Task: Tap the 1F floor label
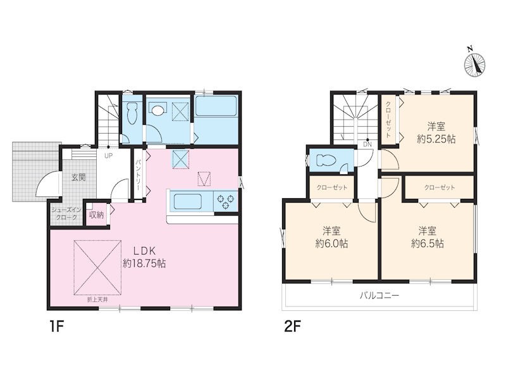click(56, 327)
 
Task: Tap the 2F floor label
click(292, 327)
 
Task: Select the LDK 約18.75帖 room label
click(145, 257)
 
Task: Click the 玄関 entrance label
click(78, 177)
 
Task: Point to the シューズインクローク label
click(66, 213)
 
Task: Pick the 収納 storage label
click(96, 215)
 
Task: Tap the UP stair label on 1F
click(108, 156)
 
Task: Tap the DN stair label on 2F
click(367, 144)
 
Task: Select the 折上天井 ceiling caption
click(97, 300)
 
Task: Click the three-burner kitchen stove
click(226, 201)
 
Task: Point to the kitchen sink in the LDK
click(188, 201)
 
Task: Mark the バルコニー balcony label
click(379, 295)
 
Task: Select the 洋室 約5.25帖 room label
click(436, 133)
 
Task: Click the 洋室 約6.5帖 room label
click(428, 237)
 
